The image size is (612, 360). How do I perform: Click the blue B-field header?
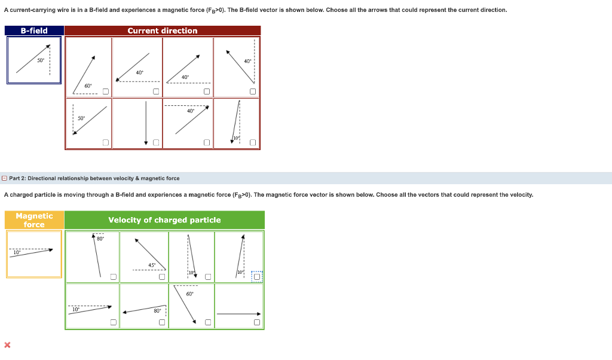[34, 30]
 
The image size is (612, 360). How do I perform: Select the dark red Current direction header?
[162, 30]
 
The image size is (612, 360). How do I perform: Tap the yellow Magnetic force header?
[34, 220]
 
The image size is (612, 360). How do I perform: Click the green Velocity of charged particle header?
[164, 220]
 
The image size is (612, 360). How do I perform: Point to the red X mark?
[7, 344]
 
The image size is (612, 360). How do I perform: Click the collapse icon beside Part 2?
[5, 178]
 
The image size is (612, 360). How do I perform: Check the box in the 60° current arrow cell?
[105, 91]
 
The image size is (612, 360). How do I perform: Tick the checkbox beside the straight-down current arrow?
[156, 142]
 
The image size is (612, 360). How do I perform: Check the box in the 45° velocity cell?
[161, 276]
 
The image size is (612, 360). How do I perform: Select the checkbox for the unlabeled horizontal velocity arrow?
[256, 322]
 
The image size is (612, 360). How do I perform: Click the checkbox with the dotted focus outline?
[256, 276]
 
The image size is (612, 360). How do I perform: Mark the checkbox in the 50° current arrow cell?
[105, 142]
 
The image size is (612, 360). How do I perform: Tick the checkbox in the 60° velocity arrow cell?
[207, 322]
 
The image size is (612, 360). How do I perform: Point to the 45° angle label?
[152, 265]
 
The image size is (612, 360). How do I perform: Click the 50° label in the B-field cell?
[41, 60]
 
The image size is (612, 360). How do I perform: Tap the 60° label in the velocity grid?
[189, 294]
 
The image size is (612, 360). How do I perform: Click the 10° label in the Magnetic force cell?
[17, 252]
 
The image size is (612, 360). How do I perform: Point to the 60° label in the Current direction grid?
[88, 86]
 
